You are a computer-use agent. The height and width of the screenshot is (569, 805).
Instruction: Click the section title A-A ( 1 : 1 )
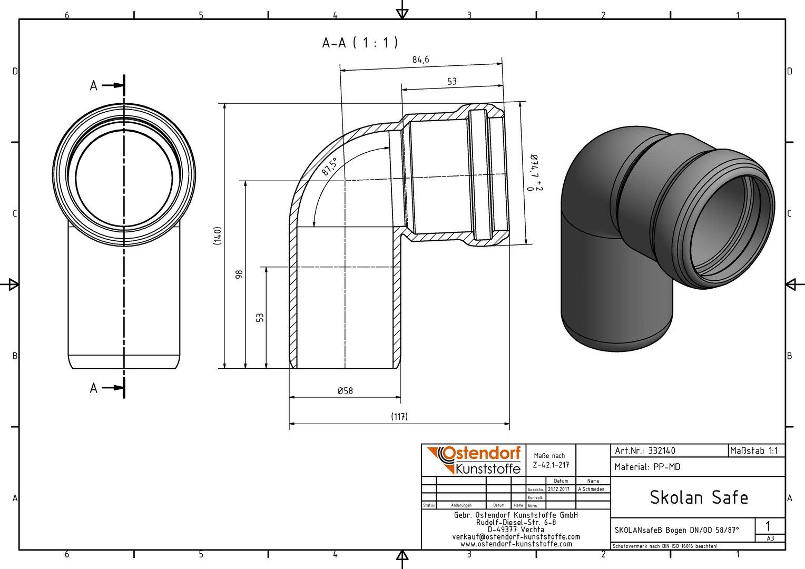coord(360,43)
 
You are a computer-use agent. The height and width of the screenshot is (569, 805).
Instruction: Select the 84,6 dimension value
coord(420,60)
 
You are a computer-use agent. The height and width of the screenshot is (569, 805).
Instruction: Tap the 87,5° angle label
coord(329,166)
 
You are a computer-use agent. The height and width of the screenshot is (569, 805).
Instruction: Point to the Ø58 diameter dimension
coord(345,391)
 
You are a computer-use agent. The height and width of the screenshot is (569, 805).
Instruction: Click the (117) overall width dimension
coord(399,417)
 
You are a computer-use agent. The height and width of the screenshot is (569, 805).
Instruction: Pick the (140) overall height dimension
coord(217,236)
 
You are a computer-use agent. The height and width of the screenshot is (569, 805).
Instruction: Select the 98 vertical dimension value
coord(239,274)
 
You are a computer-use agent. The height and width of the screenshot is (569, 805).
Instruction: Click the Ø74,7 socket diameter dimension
coord(534,172)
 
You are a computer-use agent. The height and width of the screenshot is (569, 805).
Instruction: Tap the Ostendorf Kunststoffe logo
coord(473,460)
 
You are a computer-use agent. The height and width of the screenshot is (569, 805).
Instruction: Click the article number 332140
coord(661,451)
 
